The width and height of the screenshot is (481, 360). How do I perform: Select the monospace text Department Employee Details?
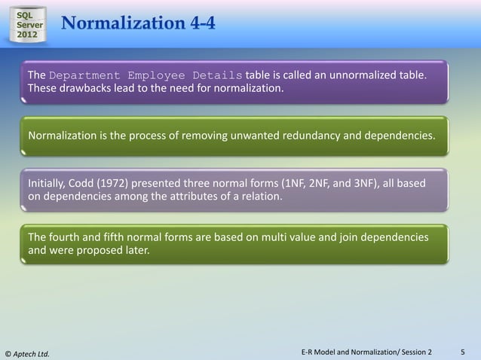(146, 76)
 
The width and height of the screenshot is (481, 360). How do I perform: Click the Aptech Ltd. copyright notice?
(27, 352)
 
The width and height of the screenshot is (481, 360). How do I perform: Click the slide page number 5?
(463, 351)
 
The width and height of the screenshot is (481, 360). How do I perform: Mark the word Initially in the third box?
(50, 183)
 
